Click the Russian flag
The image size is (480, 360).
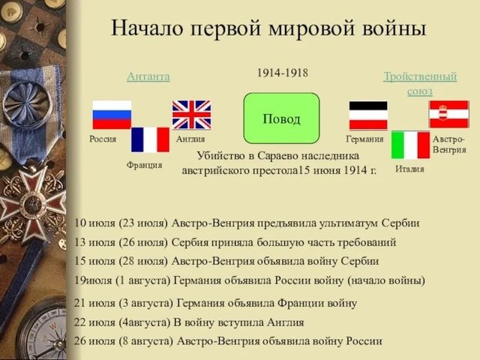111,115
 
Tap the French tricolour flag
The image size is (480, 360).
150,139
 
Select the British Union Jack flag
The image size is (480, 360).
191,115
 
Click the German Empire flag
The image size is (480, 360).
368,115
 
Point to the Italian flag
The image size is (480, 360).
409,145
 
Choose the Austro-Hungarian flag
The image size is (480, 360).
448,114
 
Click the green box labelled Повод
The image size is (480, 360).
281,118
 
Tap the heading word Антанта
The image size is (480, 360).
148,76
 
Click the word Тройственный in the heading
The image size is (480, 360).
420,76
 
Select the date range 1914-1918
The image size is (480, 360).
283,73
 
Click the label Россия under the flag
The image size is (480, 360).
103,139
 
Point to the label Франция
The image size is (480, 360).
144,164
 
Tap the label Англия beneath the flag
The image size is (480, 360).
190,139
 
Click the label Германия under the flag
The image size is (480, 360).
365,139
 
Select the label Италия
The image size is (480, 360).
409,169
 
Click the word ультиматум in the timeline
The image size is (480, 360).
347,223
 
